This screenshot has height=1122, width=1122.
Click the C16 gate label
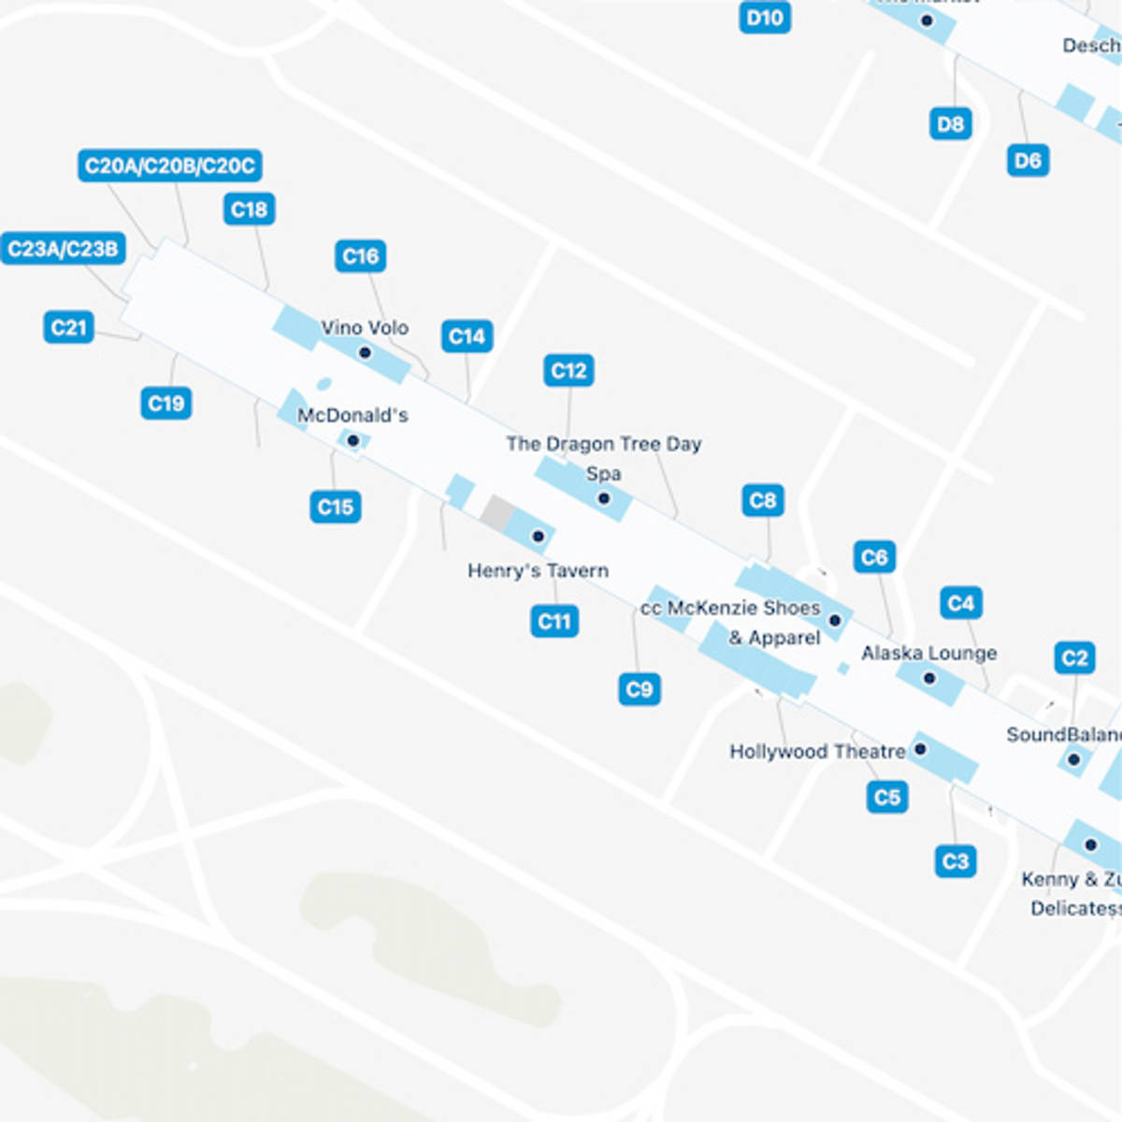point(361,256)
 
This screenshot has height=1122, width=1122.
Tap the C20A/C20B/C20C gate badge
point(169,166)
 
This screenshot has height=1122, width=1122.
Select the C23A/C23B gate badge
point(64,249)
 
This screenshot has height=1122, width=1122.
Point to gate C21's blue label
point(68,327)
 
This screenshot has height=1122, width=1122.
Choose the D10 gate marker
point(765,18)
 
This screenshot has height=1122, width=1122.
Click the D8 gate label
point(950,124)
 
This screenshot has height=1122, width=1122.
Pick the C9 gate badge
point(640,690)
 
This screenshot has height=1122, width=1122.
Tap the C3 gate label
point(956,861)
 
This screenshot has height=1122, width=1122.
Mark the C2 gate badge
point(1075,658)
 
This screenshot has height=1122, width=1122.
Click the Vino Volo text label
point(365,328)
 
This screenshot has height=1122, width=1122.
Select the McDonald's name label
point(352,415)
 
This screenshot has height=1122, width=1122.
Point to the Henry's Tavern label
point(538,570)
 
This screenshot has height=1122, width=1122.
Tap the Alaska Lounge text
point(928,653)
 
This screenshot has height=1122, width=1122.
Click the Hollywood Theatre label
point(817,752)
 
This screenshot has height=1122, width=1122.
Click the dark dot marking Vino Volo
point(366,352)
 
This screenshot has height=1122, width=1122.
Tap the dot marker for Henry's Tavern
point(538,536)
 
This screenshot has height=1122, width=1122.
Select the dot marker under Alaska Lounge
point(928,678)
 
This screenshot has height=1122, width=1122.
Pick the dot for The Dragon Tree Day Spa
point(604,498)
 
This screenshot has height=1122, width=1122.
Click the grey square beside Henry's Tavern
point(497,511)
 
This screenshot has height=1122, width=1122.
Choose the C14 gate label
point(467,337)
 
